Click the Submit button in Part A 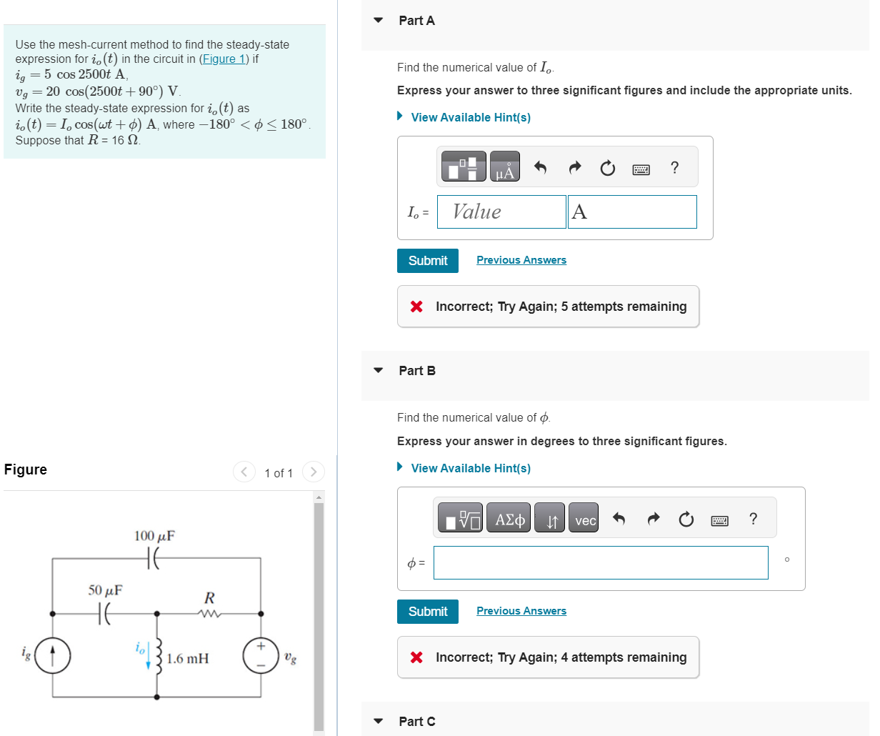tap(427, 261)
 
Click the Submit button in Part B tap(427, 612)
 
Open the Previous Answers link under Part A tap(521, 260)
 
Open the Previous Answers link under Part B tap(521, 611)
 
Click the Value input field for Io tap(501, 212)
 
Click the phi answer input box tap(600, 563)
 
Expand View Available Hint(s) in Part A tap(470, 117)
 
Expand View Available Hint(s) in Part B tap(470, 468)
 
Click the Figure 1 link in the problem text tap(224, 59)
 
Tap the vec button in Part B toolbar tap(584, 520)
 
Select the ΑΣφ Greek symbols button tap(509, 519)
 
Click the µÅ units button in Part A tap(504, 167)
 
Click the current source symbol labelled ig tap(53, 655)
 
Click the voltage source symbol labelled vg tap(260, 655)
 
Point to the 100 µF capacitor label tap(154, 536)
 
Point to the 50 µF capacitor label tap(105, 590)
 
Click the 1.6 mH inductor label tap(188, 658)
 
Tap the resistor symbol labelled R tap(209, 613)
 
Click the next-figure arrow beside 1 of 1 tap(313, 472)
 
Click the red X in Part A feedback tap(416, 307)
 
